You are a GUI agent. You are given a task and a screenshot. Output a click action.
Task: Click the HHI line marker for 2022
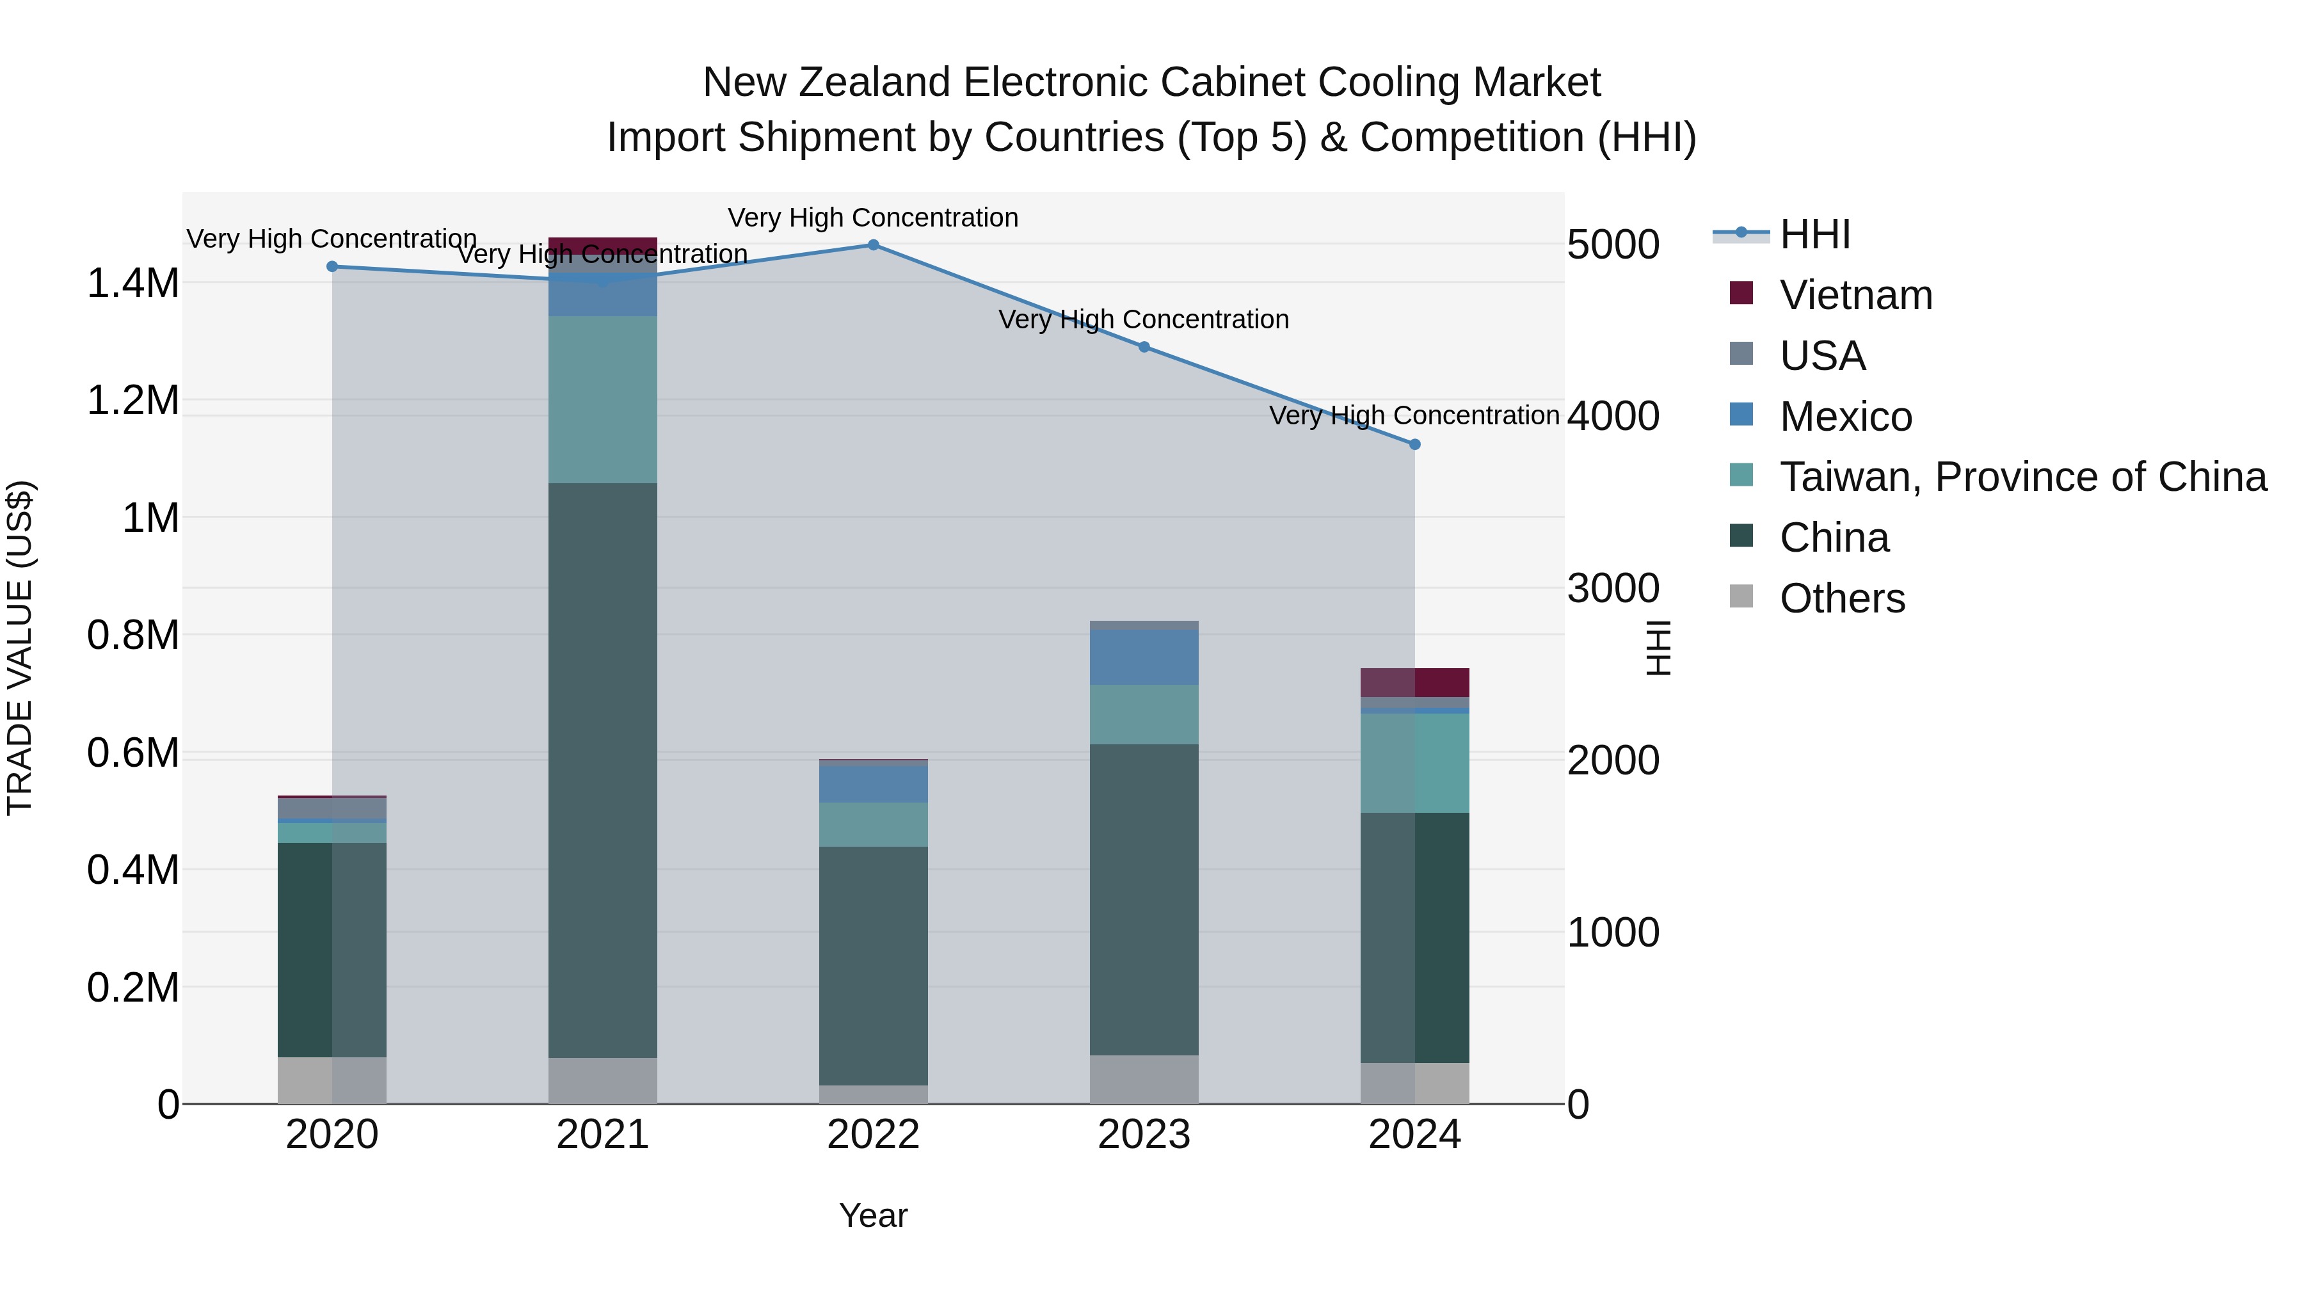pyautogui.click(x=873, y=244)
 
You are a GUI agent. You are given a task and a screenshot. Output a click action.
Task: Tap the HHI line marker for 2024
pyautogui.click(x=1414, y=444)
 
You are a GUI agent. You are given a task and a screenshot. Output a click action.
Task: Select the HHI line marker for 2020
pyautogui.click(x=332, y=266)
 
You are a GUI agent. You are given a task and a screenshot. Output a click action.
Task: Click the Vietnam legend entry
pyautogui.click(x=1855, y=294)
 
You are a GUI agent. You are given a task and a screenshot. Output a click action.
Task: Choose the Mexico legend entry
pyautogui.click(x=1845, y=416)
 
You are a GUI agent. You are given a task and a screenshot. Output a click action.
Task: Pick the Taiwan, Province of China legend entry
pyautogui.click(x=2022, y=477)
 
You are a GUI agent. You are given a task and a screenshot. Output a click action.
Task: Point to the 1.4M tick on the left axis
pyautogui.click(x=132, y=283)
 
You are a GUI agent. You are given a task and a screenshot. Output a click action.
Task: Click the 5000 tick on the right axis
pyautogui.click(x=1613, y=244)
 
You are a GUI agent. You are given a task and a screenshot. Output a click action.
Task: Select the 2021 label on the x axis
pyautogui.click(x=602, y=1134)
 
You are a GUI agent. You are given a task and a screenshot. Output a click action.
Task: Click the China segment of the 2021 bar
pyautogui.click(x=602, y=769)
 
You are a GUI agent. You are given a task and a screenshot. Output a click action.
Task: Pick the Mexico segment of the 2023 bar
pyautogui.click(x=1143, y=657)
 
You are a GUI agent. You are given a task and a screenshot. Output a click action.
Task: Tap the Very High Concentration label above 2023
pyautogui.click(x=1143, y=319)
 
